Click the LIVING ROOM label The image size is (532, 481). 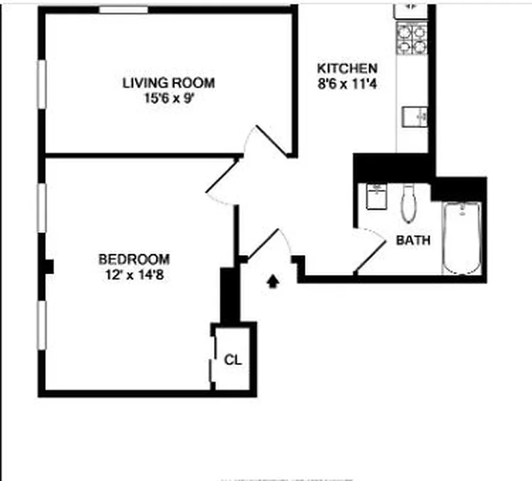(x=168, y=83)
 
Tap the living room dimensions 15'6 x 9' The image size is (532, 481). (x=168, y=97)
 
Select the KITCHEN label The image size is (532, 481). (x=347, y=69)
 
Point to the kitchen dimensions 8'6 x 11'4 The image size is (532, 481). (x=347, y=84)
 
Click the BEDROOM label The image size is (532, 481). (x=134, y=260)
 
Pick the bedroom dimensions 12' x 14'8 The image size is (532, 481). (x=134, y=276)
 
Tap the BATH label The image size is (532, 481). (x=413, y=240)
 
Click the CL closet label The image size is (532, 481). (x=233, y=360)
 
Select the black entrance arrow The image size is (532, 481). (x=273, y=281)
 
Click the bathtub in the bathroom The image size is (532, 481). (x=462, y=237)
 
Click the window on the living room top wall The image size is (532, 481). (x=123, y=10)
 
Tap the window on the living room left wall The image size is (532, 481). (x=42, y=84)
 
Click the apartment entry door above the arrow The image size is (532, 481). (x=268, y=244)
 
